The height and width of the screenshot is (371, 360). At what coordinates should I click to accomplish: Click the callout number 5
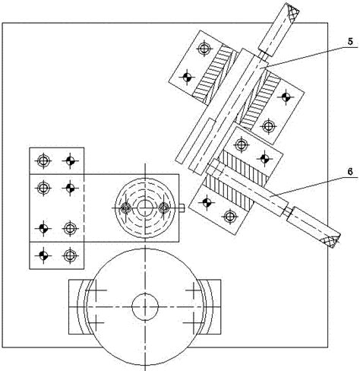(x=350, y=42)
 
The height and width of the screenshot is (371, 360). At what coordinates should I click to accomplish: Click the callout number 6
(x=350, y=172)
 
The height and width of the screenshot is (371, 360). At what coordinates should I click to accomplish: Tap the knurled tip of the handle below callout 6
(x=330, y=239)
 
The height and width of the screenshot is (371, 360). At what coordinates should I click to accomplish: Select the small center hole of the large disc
(x=145, y=306)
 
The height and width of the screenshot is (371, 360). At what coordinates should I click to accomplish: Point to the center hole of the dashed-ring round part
(x=145, y=208)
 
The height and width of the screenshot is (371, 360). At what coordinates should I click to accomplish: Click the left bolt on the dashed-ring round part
(x=125, y=208)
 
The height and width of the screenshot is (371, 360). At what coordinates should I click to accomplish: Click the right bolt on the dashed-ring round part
(x=164, y=208)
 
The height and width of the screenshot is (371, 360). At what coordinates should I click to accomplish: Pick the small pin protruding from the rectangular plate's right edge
(x=182, y=208)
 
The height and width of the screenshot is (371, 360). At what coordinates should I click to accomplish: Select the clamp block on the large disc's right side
(x=209, y=307)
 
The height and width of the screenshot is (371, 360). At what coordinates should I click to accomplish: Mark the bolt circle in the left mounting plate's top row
(x=43, y=160)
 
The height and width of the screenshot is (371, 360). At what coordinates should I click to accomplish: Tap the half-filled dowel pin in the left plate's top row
(x=70, y=160)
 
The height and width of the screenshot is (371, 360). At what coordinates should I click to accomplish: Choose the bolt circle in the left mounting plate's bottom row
(x=70, y=255)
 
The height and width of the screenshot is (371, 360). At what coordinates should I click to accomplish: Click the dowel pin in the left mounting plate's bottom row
(x=43, y=255)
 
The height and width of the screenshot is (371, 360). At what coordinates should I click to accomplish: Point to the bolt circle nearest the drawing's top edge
(x=204, y=49)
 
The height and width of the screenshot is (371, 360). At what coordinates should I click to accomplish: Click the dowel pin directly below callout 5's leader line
(x=286, y=97)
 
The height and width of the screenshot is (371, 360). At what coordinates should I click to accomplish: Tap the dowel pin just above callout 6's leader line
(x=264, y=158)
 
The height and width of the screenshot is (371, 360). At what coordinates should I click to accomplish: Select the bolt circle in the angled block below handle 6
(x=229, y=216)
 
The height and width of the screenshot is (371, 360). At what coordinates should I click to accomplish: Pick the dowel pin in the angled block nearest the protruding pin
(x=207, y=202)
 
